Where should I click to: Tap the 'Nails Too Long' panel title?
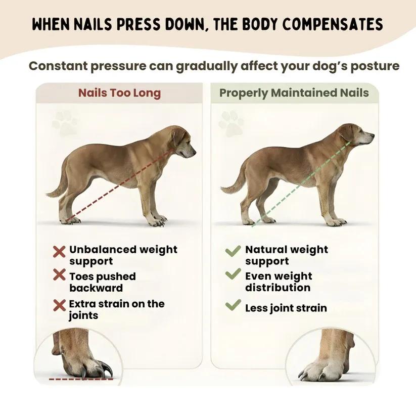click(x=119, y=93)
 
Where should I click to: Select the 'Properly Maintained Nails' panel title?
click(x=294, y=93)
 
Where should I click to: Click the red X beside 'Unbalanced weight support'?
click(x=59, y=251)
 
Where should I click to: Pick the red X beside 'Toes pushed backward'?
click(x=59, y=275)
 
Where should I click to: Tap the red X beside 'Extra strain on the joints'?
click(x=59, y=305)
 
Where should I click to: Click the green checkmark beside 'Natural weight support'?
click(x=233, y=250)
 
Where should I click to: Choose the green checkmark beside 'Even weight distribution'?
click(x=233, y=274)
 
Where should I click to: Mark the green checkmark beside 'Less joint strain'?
click(x=233, y=305)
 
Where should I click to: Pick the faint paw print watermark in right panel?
click(x=231, y=123)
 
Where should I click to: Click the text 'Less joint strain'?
click(x=286, y=308)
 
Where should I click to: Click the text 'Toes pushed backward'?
click(x=103, y=282)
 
